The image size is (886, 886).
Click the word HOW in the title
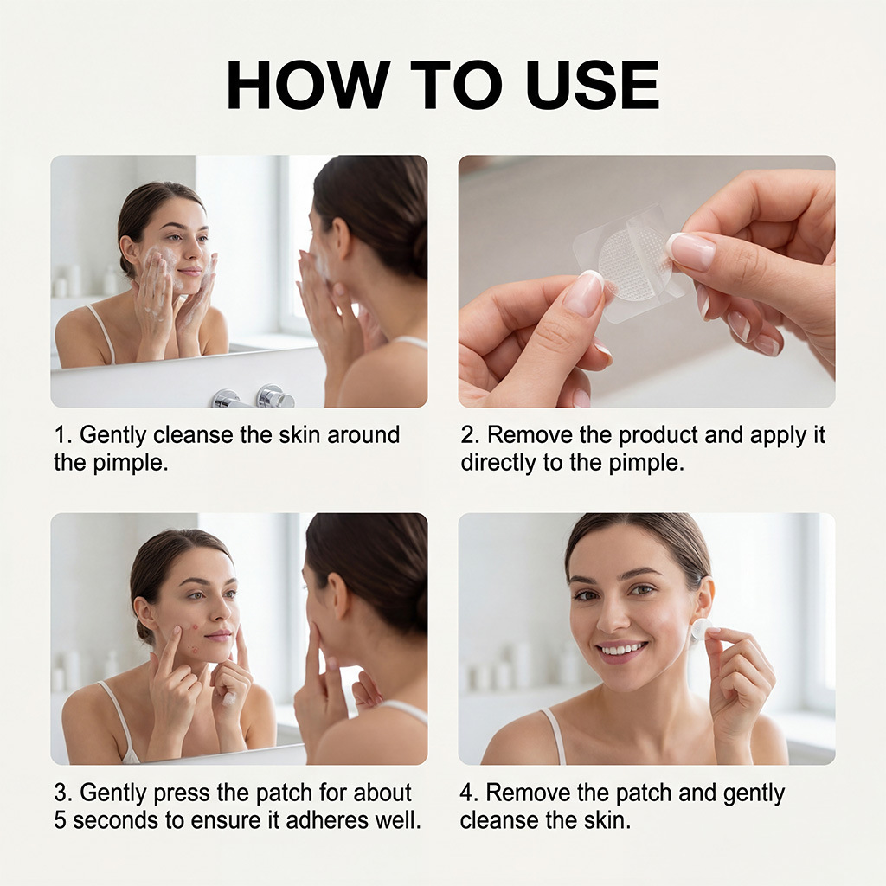309,85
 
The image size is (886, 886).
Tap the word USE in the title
593,85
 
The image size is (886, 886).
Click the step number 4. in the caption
469,793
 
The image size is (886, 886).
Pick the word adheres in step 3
325,821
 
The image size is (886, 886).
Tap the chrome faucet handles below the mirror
254,397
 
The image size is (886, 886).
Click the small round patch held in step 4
701,629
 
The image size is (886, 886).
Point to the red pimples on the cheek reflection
193,638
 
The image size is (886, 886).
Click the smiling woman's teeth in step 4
621,651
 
